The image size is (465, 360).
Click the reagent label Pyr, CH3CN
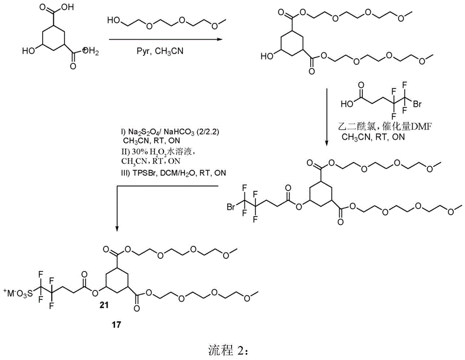(160, 51)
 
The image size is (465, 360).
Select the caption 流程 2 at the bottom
(230, 351)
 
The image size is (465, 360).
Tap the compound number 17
(117, 324)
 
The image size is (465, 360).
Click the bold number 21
(104, 305)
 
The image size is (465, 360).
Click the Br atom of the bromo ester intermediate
(231, 207)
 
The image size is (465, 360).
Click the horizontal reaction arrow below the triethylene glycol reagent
(166, 39)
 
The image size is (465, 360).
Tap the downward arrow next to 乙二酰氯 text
(326, 117)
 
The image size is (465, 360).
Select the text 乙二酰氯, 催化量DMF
(385, 127)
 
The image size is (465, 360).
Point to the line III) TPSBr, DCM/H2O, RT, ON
(173, 173)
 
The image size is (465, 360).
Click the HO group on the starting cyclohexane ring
(28, 51)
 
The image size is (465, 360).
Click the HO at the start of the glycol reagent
(113, 20)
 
